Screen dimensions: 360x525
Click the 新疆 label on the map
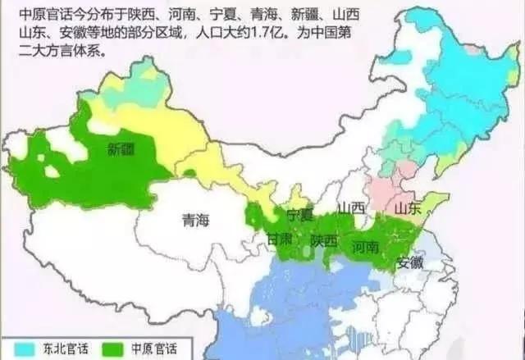(120, 148)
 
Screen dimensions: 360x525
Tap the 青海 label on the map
(194, 219)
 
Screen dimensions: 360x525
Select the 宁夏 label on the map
(300, 214)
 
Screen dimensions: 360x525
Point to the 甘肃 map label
(276, 239)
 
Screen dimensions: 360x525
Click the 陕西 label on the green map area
(324, 240)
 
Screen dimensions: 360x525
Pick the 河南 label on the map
(365, 246)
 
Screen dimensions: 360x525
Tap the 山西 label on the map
(352, 207)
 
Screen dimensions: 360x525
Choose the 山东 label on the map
(407, 208)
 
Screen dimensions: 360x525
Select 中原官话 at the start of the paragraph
(34, 14)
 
